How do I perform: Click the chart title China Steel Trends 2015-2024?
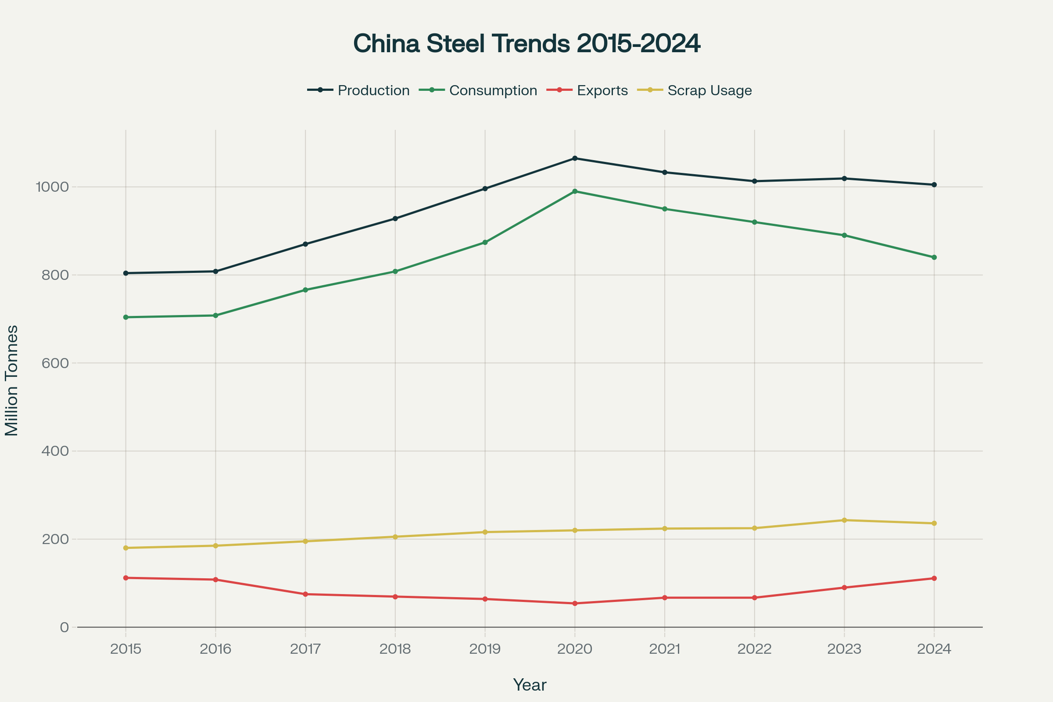(x=526, y=44)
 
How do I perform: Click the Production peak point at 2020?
(x=575, y=158)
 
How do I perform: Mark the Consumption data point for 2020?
(x=575, y=192)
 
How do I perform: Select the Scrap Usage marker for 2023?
(x=844, y=520)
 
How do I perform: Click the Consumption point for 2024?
(x=935, y=258)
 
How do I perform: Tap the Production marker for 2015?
(x=126, y=273)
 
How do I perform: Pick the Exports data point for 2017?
(x=305, y=594)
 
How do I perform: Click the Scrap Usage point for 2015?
(x=126, y=548)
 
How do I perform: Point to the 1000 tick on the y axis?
(x=52, y=187)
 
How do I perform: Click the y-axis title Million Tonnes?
(x=12, y=380)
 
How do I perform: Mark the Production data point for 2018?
(x=395, y=218)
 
